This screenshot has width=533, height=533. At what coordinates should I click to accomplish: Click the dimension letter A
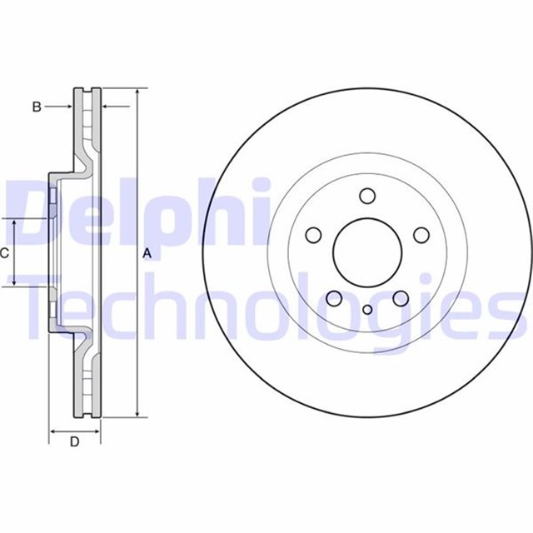pos(147,253)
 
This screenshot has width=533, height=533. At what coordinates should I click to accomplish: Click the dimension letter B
pos(36,106)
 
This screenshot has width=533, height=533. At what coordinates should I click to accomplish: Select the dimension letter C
pos(5,252)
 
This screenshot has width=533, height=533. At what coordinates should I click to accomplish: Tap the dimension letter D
pos(74,442)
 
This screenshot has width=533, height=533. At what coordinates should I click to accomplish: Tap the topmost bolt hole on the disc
pos(366,197)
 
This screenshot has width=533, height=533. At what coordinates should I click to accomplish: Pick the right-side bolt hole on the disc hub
pos(421,236)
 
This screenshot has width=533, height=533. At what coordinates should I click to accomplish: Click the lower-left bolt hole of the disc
pos(333,299)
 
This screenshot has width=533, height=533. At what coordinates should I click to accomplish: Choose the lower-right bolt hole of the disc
pos(400,299)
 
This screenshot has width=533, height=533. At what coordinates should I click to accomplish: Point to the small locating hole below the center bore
pos(366,309)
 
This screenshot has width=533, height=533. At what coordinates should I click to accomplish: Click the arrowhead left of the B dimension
pos(70,106)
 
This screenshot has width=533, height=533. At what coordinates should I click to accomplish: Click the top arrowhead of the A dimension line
pos(136,91)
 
